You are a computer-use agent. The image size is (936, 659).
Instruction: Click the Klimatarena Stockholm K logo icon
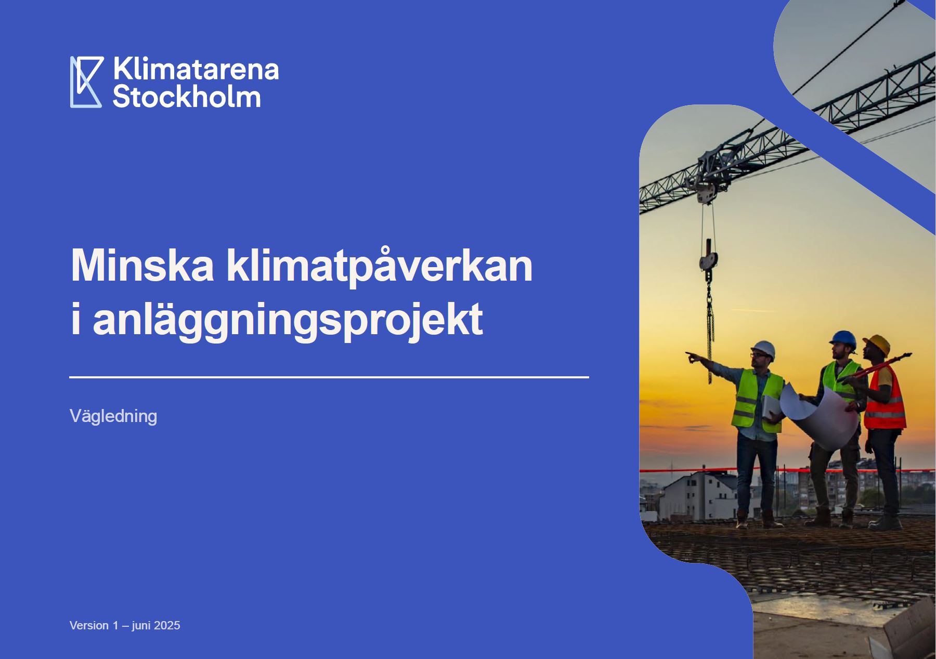[x=86, y=82]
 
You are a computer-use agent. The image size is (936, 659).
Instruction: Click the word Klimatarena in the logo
[x=196, y=69]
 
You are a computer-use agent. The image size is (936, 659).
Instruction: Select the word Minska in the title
[x=142, y=266]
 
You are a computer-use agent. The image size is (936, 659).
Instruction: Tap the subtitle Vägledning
[x=113, y=416]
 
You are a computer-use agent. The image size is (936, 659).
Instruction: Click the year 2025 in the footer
[x=167, y=625]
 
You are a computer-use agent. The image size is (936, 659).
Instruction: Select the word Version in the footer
[x=89, y=625]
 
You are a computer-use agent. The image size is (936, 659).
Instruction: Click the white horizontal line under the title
[x=329, y=377]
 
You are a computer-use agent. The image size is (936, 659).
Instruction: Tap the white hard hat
[x=763, y=349]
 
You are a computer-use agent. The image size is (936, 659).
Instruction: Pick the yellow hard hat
[x=877, y=344]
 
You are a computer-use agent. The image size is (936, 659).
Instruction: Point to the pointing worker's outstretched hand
[x=693, y=357]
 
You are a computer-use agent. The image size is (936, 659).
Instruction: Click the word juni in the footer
[x=141, y=626]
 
